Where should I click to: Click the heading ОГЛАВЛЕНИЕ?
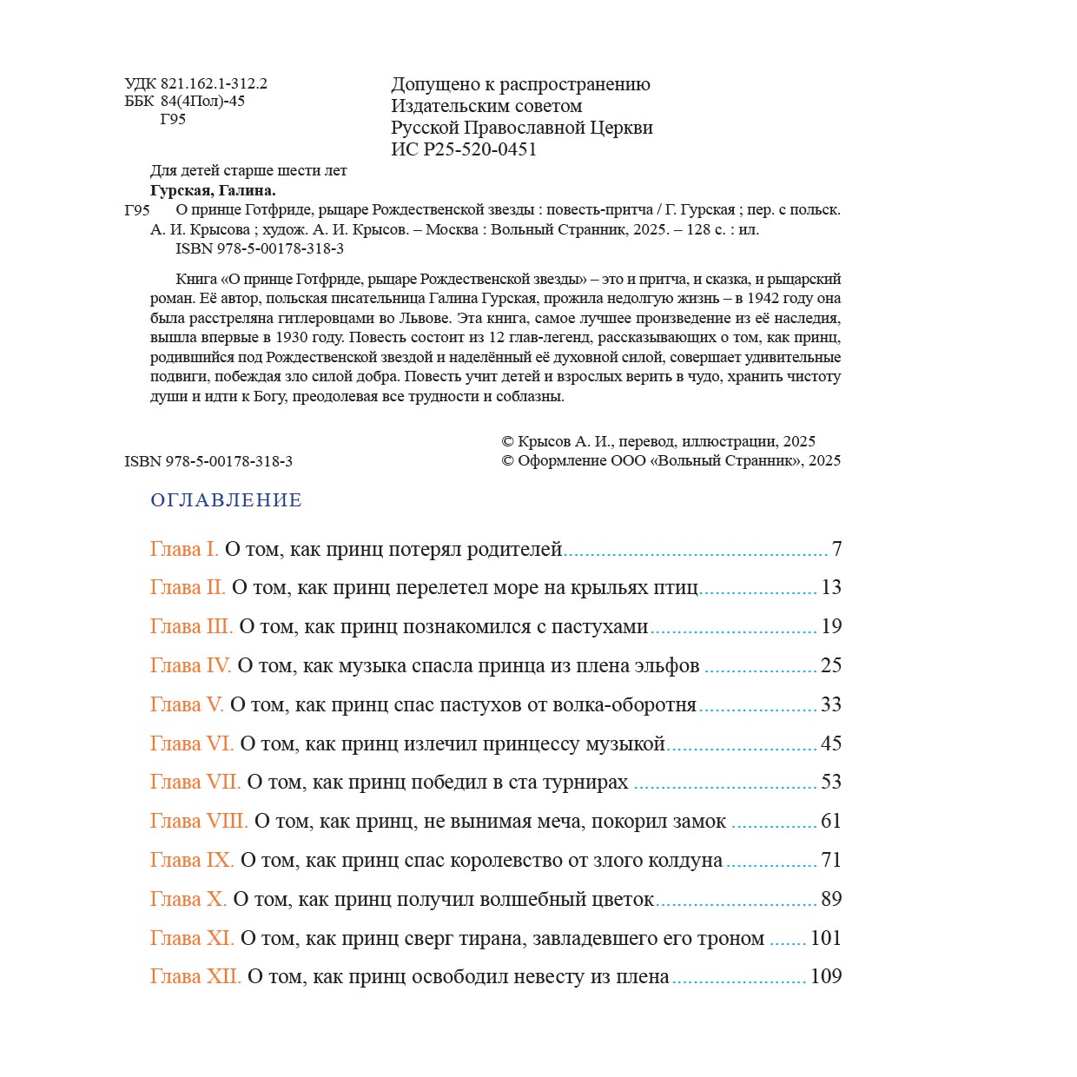coord(226,500)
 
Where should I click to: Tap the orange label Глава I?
coord(184,549)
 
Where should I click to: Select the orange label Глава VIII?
coord(199,821)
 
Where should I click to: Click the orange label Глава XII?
coord(195,976)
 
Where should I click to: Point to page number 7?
coord(836,549)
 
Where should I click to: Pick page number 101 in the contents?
coord(825,938)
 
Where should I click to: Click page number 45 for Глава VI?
coord(831,743)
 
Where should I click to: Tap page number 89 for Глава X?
coord(831,899)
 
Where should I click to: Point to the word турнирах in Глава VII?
coord(585,782)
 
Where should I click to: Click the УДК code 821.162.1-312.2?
coord(214,84)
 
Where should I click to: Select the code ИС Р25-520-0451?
coord(464,149)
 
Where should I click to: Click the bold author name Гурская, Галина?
coord(213,190)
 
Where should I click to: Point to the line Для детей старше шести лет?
coord(248,171)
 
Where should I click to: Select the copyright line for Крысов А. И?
coord(658,441)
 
